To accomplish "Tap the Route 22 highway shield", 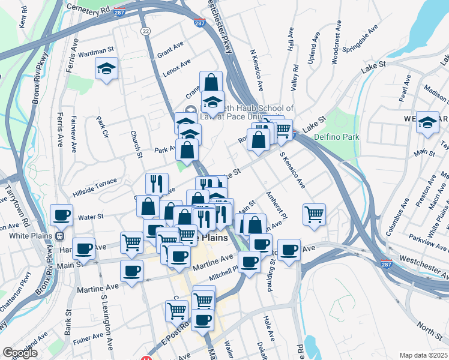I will click(145, 31).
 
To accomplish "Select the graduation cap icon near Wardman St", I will click(107, 69).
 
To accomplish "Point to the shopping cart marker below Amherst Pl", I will click(315, 214).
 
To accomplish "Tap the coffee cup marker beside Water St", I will click(62, 215).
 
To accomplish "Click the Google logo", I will click(20, 353).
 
